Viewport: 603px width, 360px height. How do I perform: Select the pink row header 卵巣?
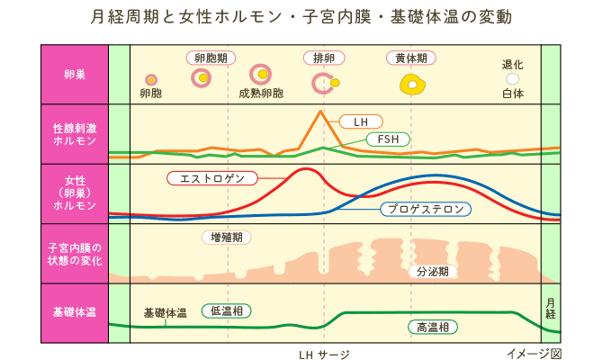75,75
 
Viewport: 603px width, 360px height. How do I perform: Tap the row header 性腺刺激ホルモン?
75,135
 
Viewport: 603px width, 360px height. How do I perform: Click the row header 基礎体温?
75,312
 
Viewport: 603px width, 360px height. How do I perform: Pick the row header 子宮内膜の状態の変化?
75,253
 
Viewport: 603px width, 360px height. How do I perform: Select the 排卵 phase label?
322,58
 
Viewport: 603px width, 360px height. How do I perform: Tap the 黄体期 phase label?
411,58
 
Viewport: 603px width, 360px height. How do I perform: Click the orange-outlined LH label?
361,121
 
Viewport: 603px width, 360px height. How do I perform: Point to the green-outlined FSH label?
389,139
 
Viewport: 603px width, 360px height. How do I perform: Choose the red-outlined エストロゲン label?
212,178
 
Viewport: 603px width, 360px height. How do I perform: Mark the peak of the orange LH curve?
319,111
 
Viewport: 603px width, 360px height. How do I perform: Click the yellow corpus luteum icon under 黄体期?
412,85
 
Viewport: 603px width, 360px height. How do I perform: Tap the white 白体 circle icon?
512,79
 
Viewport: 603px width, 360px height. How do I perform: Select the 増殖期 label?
226,238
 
